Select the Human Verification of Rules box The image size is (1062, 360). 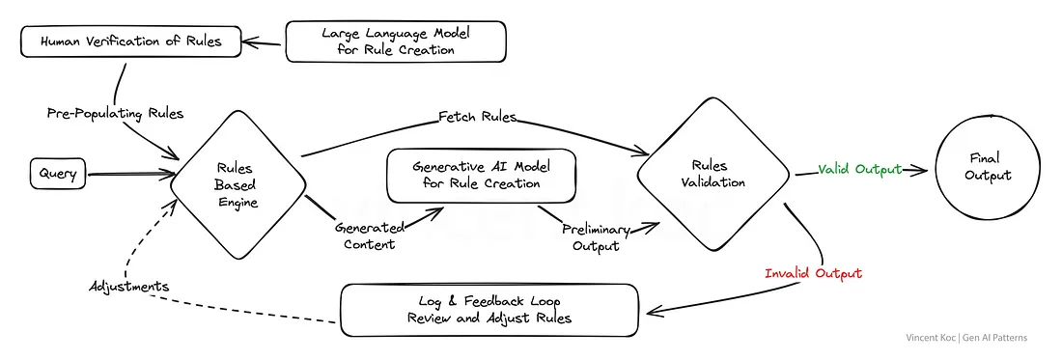130,42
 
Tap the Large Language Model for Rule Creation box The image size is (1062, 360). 396,42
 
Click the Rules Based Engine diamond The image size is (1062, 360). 238,183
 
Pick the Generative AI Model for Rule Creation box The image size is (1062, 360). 481,176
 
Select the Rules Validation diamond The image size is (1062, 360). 713,175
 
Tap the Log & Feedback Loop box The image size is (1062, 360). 489,309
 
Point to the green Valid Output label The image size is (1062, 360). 860,169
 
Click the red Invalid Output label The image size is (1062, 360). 813,273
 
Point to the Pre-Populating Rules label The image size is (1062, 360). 115,113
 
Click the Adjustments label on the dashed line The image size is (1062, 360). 128,287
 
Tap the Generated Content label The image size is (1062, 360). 369,235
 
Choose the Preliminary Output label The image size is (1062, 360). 596,237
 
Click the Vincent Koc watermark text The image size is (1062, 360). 966,338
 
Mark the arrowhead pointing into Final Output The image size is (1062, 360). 920,171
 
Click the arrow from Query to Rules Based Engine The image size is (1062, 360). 129,175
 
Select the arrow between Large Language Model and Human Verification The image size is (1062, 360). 264,43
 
